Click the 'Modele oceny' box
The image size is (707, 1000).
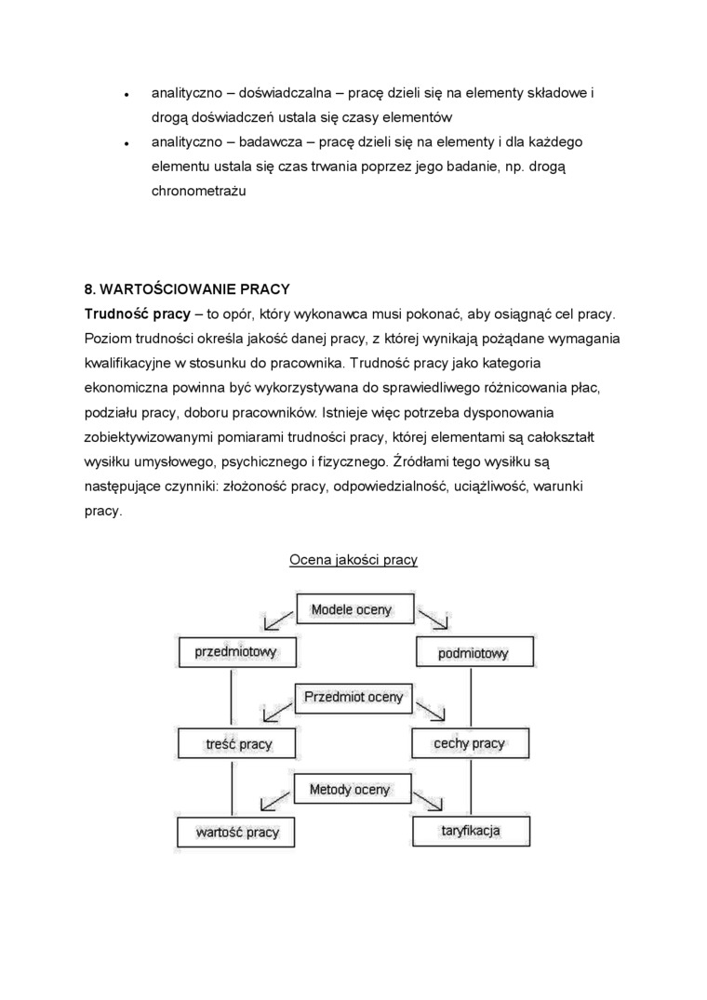352,611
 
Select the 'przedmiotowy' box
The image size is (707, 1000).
235,652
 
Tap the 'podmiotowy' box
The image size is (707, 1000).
474,653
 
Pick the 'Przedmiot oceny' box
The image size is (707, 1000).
353,697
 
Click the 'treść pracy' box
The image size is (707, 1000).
237,744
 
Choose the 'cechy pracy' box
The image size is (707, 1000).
469,743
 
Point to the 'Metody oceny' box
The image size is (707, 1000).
350,789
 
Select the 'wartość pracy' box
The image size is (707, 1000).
236,832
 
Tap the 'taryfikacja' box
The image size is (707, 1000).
471,830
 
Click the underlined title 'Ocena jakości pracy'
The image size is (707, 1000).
353,560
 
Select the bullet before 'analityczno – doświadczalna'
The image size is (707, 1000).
126,95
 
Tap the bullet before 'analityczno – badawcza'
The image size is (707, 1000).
126,143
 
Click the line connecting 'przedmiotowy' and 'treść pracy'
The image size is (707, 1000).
230,698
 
